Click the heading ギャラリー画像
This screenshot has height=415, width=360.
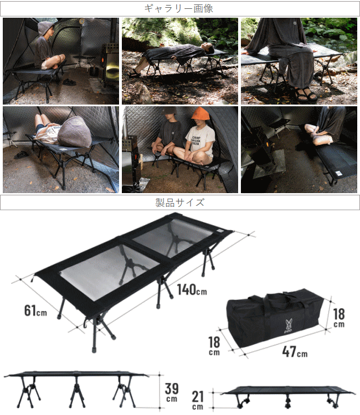178,8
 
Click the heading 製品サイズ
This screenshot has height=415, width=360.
179,203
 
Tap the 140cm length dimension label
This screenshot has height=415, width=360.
192,289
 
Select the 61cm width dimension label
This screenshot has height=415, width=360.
35,310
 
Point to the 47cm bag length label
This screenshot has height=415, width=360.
295,352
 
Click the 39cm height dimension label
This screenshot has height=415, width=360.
172,392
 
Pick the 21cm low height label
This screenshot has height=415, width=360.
198,400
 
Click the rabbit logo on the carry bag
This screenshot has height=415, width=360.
289,326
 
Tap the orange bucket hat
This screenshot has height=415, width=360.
199,113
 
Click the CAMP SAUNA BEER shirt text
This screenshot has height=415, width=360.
196,141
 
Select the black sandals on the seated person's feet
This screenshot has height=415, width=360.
305,94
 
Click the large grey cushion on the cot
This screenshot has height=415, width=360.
75,132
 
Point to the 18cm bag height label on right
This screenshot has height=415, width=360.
339,318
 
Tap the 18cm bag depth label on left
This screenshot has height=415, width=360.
214,346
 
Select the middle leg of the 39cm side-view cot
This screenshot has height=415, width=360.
77,392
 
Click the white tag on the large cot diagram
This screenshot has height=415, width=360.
220,231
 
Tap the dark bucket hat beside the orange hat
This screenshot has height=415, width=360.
169,111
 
